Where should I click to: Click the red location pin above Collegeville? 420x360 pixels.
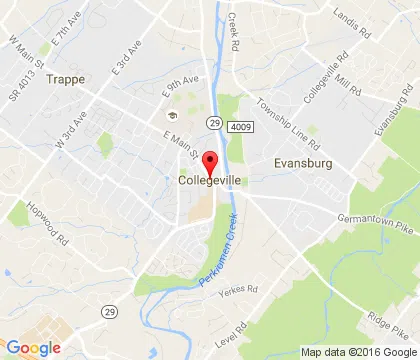(210, 161)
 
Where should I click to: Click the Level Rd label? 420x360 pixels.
(237, 329)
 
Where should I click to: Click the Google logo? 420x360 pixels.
(33, 348)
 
